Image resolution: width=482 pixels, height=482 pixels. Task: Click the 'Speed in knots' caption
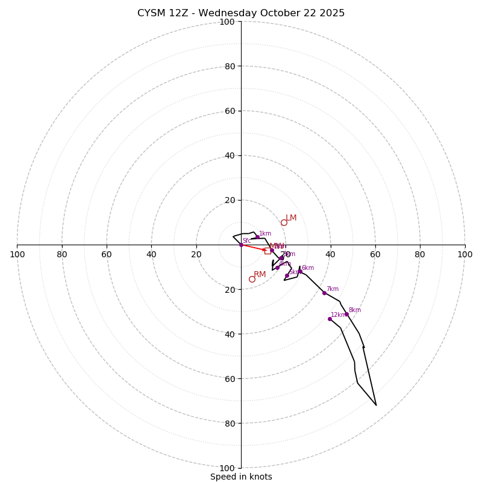coord(241,477)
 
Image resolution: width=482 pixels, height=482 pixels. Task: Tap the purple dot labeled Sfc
coord(241,245)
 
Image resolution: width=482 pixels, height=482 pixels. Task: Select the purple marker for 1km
coord(257,237)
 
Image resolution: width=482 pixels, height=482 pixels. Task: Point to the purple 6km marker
coord(300,271)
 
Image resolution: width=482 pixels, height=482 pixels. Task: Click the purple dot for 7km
coord(324,293)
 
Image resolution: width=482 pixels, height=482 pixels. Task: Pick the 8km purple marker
coord(346,314)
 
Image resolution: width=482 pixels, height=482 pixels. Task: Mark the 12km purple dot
coord(330,319)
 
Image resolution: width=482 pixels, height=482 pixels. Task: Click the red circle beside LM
coord(284,222)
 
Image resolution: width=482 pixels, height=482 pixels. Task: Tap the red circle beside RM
coord(252,279)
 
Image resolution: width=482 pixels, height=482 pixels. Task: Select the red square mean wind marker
coord(268,251)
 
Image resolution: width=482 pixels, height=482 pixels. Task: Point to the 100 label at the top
coord(227,22)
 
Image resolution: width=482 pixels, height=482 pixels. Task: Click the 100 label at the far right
coord(465,254)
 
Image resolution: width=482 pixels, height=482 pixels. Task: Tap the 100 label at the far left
coord(17,254)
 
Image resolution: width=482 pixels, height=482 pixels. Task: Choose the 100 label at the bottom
coord(227,468)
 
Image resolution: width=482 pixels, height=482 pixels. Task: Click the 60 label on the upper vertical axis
coord(229,111)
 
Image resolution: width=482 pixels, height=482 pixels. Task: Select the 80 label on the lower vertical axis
coord(229,423)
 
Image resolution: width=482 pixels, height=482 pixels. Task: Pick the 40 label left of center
coord(151,254)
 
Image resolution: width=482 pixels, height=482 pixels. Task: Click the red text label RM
coord(260,275)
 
